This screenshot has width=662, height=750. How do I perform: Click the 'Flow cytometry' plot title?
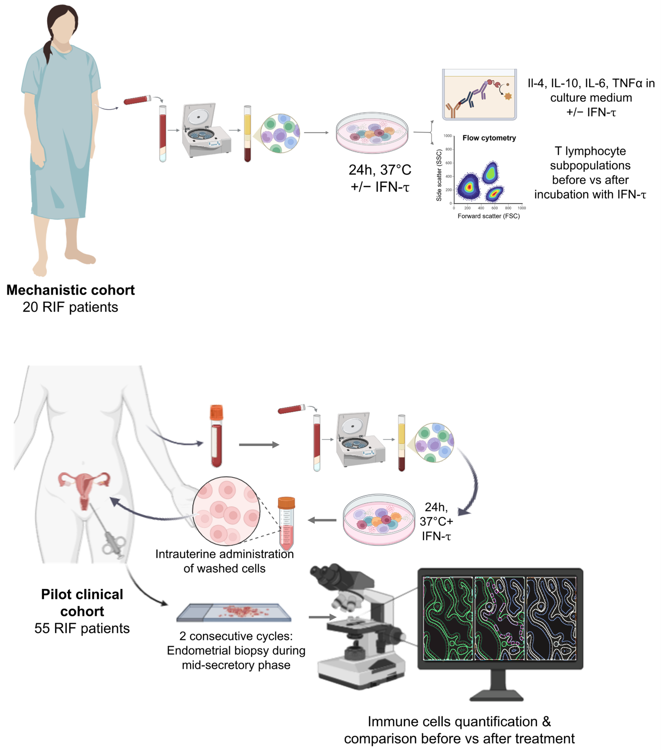pos(489,138)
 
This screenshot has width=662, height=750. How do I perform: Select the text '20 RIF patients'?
pos(70,307)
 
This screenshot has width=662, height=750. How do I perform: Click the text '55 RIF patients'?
pos(82,628)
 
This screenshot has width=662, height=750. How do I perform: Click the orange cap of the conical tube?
pos(286,502)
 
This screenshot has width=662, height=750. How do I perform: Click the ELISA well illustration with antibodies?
pos(479,95)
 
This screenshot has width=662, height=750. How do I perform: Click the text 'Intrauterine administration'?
pos(224,554)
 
